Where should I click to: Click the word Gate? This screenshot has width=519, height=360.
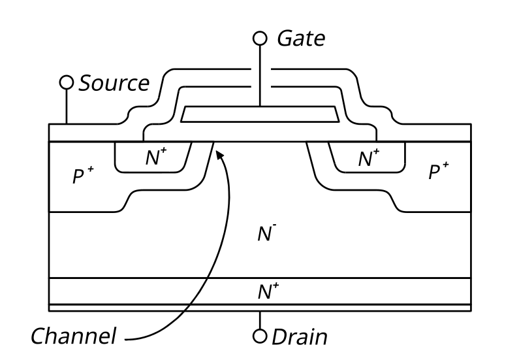point(301,38)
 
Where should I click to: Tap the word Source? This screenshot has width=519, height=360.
point(114,83)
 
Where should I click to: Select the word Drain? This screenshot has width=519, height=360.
point(300,337)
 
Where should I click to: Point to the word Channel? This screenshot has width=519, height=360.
point(74,335)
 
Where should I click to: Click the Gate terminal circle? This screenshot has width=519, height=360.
point(260,38)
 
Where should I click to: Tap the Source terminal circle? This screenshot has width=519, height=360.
point(67,82)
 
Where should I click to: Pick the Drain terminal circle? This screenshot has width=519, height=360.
point(260,336)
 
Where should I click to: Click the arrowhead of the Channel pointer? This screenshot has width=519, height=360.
point(219,155)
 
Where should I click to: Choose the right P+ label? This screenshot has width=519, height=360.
point(439,171)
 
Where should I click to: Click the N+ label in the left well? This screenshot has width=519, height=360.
point(156,157)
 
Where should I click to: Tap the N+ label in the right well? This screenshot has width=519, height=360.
point(368,157)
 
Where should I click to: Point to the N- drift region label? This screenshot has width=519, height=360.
point(267,233)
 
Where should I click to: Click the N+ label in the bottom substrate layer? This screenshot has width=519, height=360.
point(268,291)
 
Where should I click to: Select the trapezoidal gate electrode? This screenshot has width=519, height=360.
point(260,114)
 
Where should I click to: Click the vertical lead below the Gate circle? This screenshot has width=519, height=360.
point(260,76)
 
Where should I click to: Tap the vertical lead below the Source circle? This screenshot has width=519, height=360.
point(67,106)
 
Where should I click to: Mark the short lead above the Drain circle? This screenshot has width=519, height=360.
point(260,320)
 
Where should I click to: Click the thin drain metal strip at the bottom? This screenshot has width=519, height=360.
point(260,308)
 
